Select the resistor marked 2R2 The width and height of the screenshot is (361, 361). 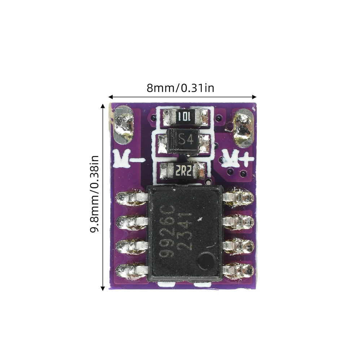pos(183,171)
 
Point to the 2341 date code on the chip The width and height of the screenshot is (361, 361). pos(185,231)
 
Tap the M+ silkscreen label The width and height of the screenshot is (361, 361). pos(238,159)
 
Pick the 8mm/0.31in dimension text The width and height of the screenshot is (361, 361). pos(180,88)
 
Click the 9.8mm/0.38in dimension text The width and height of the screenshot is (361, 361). pos(94,194)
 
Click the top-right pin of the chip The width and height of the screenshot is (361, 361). pos(238,197)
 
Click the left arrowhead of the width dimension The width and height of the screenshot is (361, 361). pos(110,97)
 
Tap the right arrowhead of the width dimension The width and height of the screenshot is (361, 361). pos(254,97)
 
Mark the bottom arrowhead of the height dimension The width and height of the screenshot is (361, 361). pos(103,288)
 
